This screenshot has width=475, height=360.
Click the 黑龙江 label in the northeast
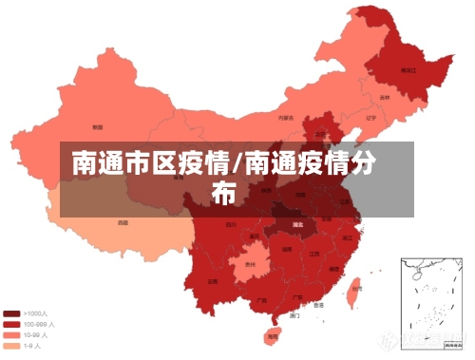tap(408, 70)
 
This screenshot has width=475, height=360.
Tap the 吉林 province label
tap(385, 97)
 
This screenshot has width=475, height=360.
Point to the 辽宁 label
tap(371, 118)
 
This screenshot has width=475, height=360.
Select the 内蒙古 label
tap(285, 118)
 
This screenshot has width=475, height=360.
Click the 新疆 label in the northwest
tap(97, 126)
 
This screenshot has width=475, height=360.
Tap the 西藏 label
tap(123, 222)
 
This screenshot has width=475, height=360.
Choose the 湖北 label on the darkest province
tap(297, 224)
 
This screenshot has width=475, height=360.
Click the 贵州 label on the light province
tap(251, 265)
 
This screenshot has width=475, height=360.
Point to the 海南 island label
tap(273, 335)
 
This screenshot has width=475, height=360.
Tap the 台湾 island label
tap(355, 286)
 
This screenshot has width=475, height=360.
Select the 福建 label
tap(332, 267)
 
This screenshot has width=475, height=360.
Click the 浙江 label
tap(348, 237)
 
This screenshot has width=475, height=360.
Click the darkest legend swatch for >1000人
tap(12, 313)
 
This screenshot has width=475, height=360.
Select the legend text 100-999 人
tap(39, 324)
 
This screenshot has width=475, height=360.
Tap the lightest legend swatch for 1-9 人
tap(12, 345)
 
